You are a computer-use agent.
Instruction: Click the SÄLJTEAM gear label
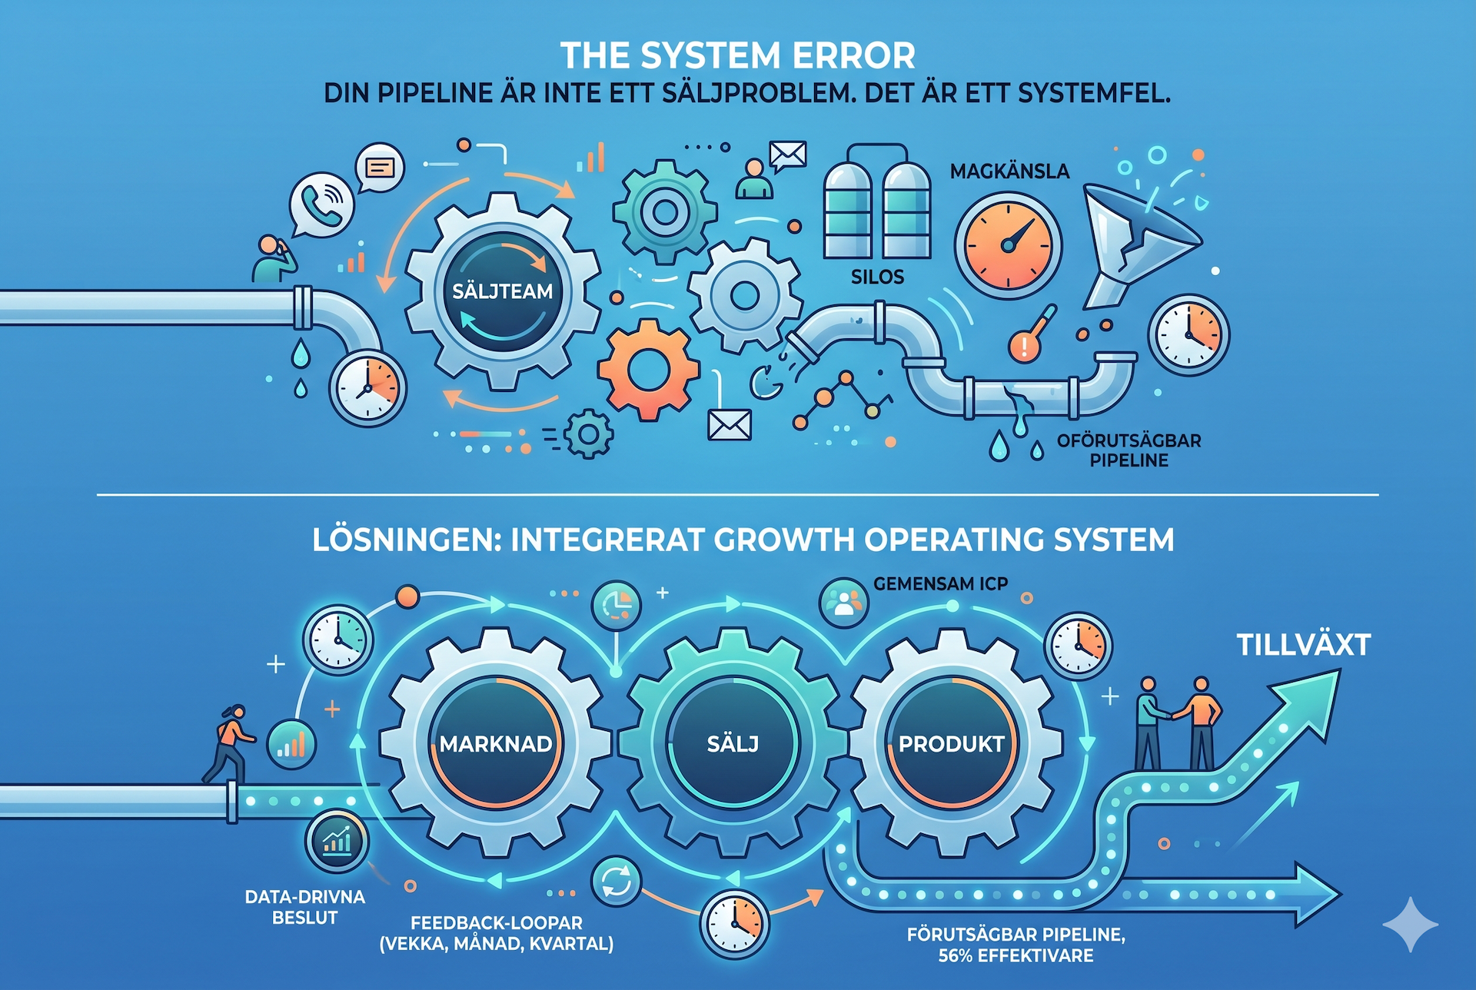[x=502, y=291]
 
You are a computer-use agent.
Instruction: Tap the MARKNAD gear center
[x=496, y=743]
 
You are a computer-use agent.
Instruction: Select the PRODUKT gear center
[x=952, y=743]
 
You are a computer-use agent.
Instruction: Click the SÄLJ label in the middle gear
[x=733, y=743]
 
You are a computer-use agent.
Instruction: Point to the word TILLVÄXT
[x=1304, y=645]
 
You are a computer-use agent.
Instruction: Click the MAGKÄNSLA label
[x=1009, y=171]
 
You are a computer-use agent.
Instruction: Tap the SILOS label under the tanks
[x=877, y=277]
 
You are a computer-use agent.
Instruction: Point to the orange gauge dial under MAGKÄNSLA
[x=1008, y=245]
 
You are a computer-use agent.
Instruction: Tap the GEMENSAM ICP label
[x=940, y=584]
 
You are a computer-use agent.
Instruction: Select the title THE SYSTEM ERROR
[x=738, y=55]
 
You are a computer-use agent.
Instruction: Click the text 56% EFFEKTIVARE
[x=1016, y=955]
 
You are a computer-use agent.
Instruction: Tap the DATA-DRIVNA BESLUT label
[x=305, y=907]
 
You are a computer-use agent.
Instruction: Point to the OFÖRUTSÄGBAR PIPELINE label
[x=1129, y=450]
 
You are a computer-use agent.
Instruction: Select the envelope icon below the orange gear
[x=729, y=424]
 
